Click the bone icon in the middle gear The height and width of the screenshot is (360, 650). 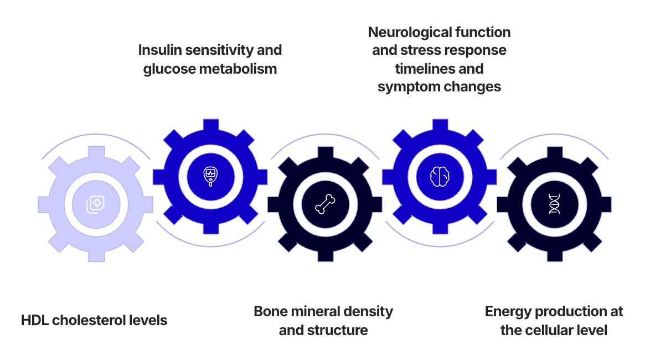324,204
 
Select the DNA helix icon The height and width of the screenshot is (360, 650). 554,204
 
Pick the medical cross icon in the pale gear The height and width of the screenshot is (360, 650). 95,204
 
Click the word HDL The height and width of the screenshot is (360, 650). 35,320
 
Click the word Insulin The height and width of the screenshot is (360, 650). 161,50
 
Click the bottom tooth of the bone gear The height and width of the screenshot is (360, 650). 324,255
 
